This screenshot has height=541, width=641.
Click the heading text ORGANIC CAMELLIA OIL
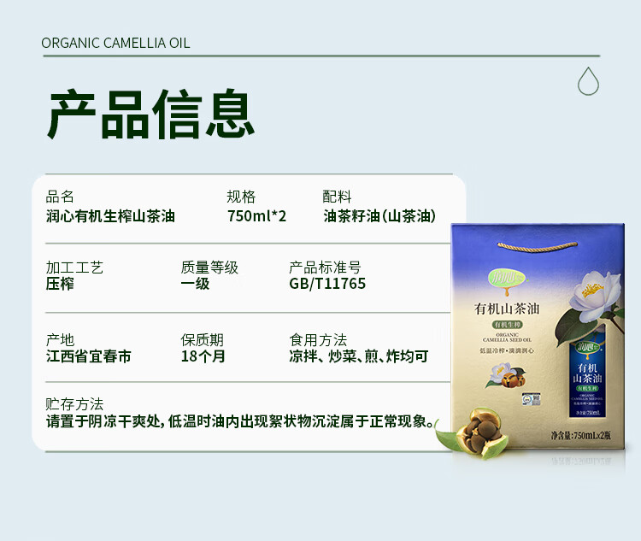pos(115,43)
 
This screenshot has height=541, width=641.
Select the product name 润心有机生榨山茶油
pos(110,216)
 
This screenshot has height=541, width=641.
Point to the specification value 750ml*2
pos(256,216)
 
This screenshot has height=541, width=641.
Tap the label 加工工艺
pos(74,268)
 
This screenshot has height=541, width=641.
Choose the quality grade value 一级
pos(195,284)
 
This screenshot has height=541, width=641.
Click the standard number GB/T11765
pos(327,284)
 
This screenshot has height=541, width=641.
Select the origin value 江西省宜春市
pos(89,356)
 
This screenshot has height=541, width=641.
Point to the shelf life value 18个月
pos(203,356)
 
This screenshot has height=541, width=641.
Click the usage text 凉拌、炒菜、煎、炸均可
pos(359,356)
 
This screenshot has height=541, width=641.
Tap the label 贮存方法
pos(74,404)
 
